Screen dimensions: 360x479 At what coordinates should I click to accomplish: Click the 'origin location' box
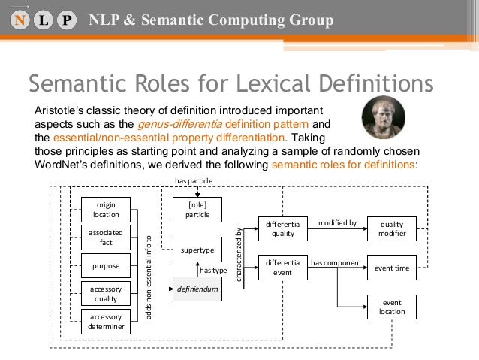coord(106,210)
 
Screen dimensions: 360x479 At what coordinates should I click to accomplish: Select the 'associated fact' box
coord(106,237)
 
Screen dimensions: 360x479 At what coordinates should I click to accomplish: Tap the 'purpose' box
coord(106,266)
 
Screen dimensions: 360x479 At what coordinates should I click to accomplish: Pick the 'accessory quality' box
coord(106,293)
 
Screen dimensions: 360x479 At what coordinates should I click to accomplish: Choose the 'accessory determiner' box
coord(106,322)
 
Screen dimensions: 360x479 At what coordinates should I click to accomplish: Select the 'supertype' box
coord(198,249)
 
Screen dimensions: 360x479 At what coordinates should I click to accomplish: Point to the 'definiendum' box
coord(198,287)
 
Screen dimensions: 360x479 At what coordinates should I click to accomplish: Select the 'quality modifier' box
coord(391,228)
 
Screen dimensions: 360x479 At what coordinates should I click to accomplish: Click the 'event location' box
coord(391,307)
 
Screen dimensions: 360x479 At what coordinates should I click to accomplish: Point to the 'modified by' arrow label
coord(337,223)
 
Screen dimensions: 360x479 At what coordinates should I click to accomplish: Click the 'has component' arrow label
coord(336,263)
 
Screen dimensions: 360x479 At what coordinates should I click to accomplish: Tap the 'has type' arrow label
coord(213,269)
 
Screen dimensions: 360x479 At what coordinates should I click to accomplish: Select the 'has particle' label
coord(193,182)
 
